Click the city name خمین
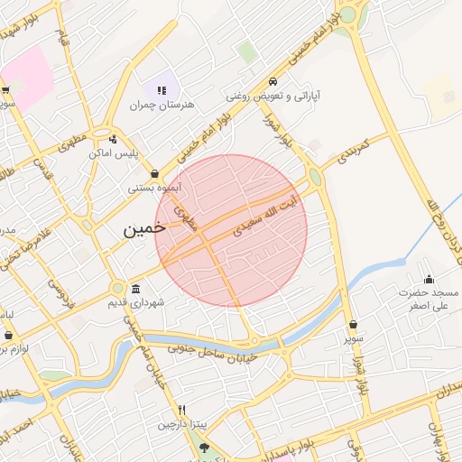coord(145,229)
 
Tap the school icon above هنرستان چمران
coord(162,90)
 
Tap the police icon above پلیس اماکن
coord(113,139)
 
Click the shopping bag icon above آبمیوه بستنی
coord(155,173)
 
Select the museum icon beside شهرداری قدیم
coord(135,289)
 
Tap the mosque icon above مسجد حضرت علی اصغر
coord(429,279)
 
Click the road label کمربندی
coord(352,152)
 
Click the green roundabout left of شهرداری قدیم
coord(117,288)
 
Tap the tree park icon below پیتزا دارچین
coord(203,448)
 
